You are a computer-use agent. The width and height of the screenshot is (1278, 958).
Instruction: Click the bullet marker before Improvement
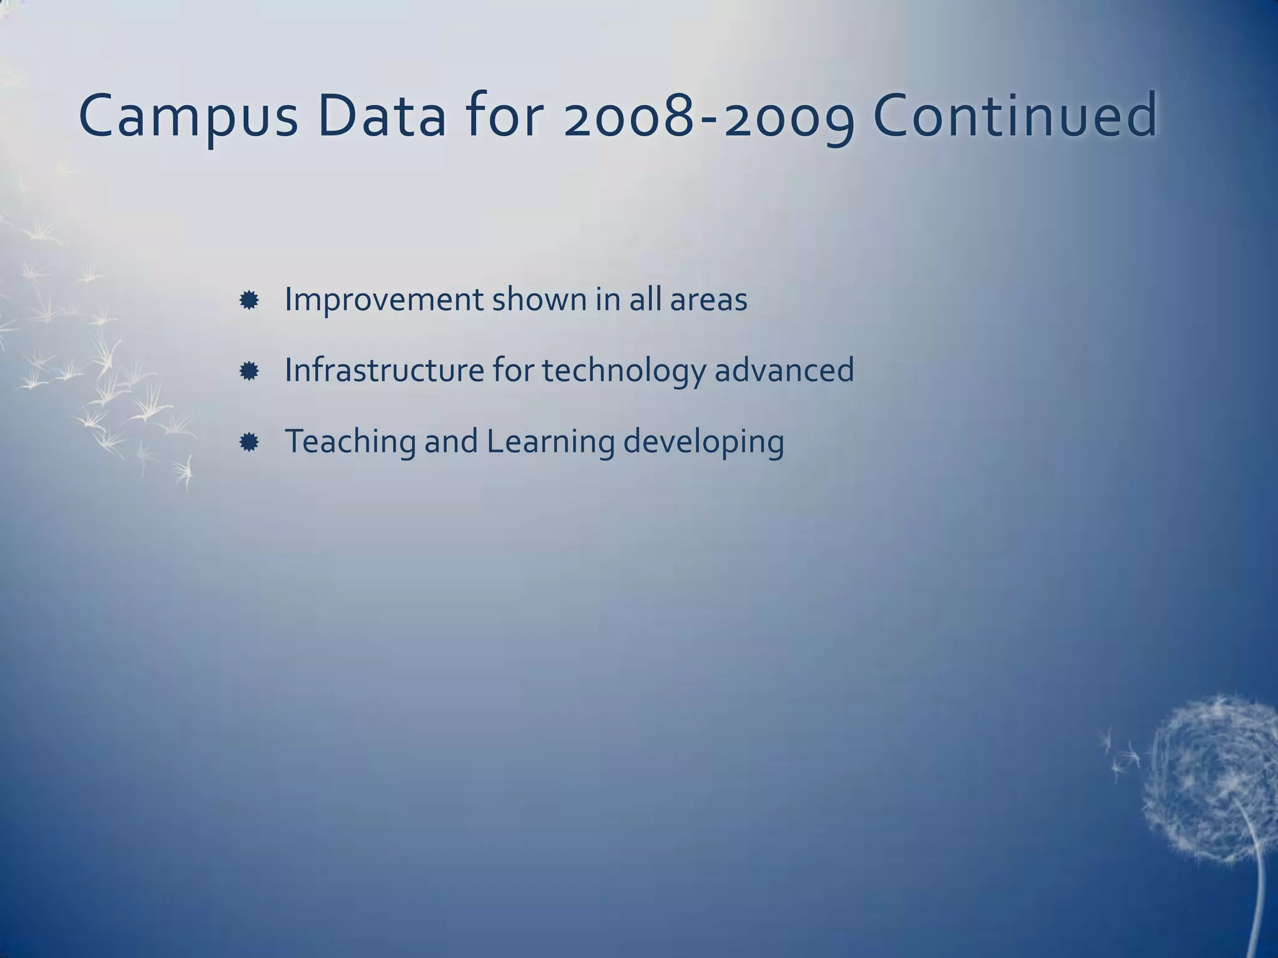click(x=249, y=301)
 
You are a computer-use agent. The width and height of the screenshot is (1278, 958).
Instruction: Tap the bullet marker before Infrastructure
click(x=249, y=372)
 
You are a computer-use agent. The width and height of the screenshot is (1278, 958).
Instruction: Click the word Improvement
click(x=383, y=300)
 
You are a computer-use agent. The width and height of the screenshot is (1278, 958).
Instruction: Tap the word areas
click(x=708, y=301)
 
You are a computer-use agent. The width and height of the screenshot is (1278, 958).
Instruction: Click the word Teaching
click(x=350, y=442)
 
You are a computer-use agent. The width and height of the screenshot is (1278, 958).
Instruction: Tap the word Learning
click(x=550, y=442)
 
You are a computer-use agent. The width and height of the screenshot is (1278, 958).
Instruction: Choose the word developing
click(x=703, y=442)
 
